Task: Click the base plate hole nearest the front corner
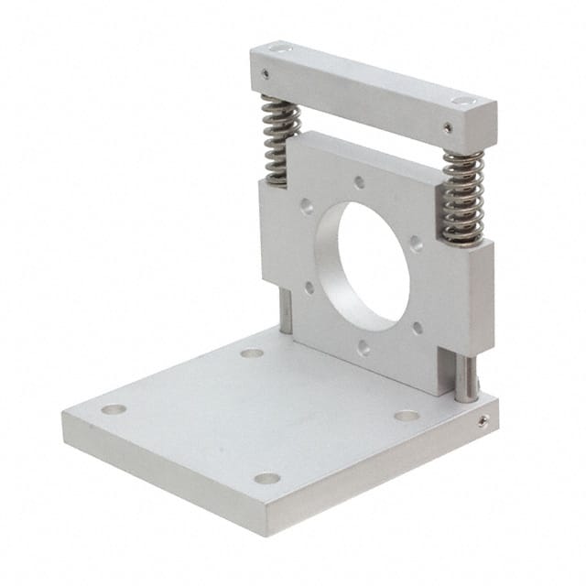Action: click(266, 478)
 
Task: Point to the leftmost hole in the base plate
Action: click(114, 409)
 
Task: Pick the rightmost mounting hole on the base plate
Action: click(407, 415)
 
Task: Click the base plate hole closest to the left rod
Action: click(252, 353)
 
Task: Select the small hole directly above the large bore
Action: click(360, 182)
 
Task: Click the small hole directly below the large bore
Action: click(364, 347)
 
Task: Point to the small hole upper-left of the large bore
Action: click(306, 207)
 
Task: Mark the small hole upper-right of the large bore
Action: click(417, 244)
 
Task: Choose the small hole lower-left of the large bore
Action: click(309, 288)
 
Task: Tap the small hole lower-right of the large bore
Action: click(418, 325)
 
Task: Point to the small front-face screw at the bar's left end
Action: click(265, 73)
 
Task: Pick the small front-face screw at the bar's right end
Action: click(448, 128)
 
